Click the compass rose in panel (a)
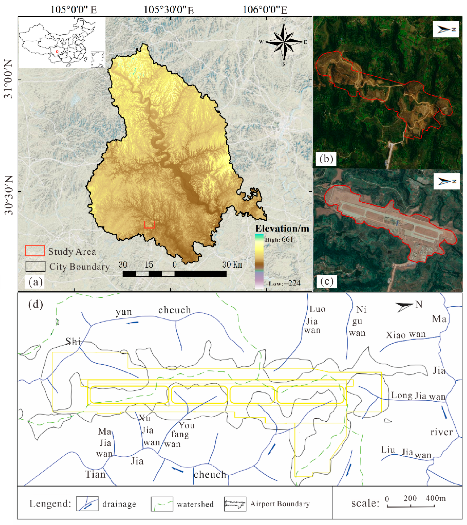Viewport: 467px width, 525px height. point(284,42)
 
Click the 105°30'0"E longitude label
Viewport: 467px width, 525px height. point(168,10)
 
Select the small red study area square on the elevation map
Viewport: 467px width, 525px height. point(149,224)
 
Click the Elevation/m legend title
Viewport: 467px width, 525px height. point(282,228)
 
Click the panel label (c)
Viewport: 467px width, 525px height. point(327,281)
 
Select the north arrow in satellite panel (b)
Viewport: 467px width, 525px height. point(446,30)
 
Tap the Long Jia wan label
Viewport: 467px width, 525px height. point(418,396)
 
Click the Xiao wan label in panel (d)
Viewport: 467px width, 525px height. point(406,334)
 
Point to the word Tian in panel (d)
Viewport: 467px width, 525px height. point(95,474)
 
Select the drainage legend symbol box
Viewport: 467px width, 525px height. point(87,503)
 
